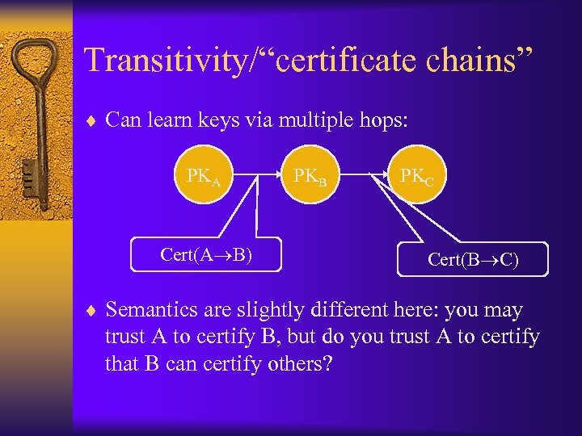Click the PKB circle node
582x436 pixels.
coord(310,174)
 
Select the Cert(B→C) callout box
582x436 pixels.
coord(473,260)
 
